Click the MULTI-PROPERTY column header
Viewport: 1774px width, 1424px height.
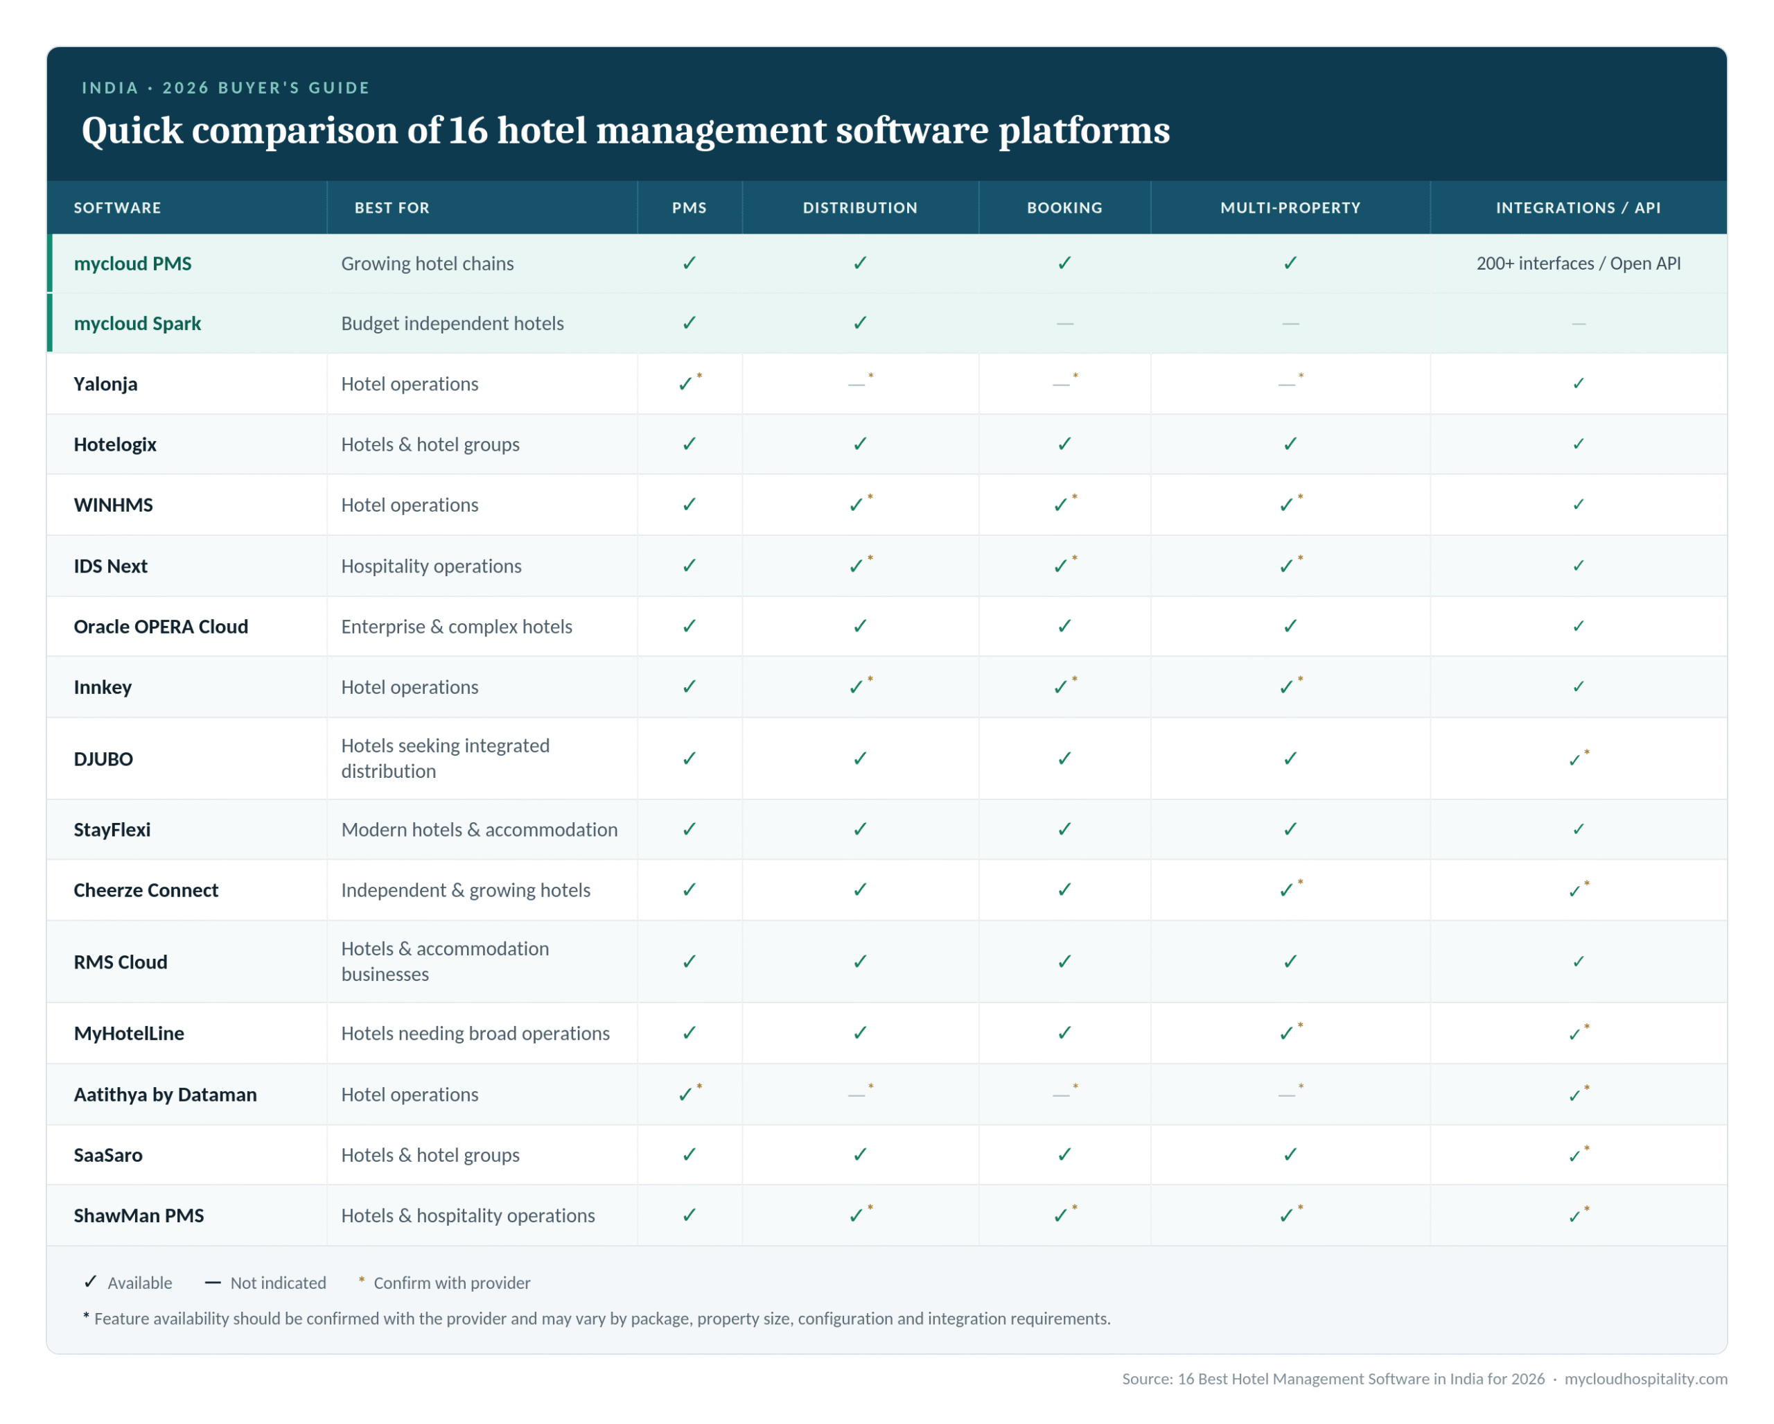point(1290,207)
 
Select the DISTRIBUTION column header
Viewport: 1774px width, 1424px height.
point(860,207)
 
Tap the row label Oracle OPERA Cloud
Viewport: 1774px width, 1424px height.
point(161,627)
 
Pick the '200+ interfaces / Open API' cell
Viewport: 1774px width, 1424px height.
point(1578,263)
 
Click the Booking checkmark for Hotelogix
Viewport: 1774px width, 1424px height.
point(1064,444)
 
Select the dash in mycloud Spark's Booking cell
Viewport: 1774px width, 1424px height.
point(1064,324)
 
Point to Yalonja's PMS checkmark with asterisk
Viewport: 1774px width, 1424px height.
point(690,382)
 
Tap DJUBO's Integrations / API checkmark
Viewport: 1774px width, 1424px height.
point(1578,758)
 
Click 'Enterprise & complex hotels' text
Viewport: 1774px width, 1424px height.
point(457,627)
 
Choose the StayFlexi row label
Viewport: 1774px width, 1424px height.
point(112,829)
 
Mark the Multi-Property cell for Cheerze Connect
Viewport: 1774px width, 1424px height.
point(1290,889)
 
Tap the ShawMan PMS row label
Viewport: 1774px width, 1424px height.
point(138,1215)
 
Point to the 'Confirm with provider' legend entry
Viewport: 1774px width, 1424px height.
point(444,1283)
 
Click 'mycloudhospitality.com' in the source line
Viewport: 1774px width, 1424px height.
point(1646,1379)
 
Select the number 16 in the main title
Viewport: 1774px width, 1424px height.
point(468,130)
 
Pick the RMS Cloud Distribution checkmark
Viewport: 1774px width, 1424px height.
point(860,961)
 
